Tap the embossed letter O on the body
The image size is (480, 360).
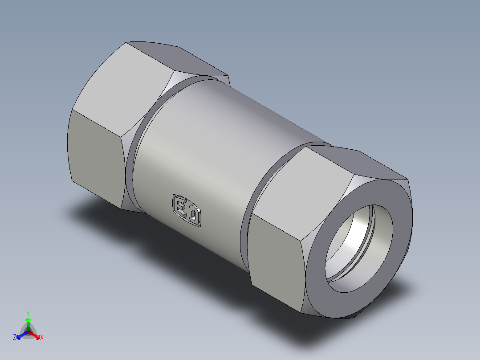point(194,216)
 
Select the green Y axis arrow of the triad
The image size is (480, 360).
point(28,323)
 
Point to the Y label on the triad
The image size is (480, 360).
point(28,313)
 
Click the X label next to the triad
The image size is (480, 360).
point(42,338)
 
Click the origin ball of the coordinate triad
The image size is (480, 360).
point(28,332)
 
